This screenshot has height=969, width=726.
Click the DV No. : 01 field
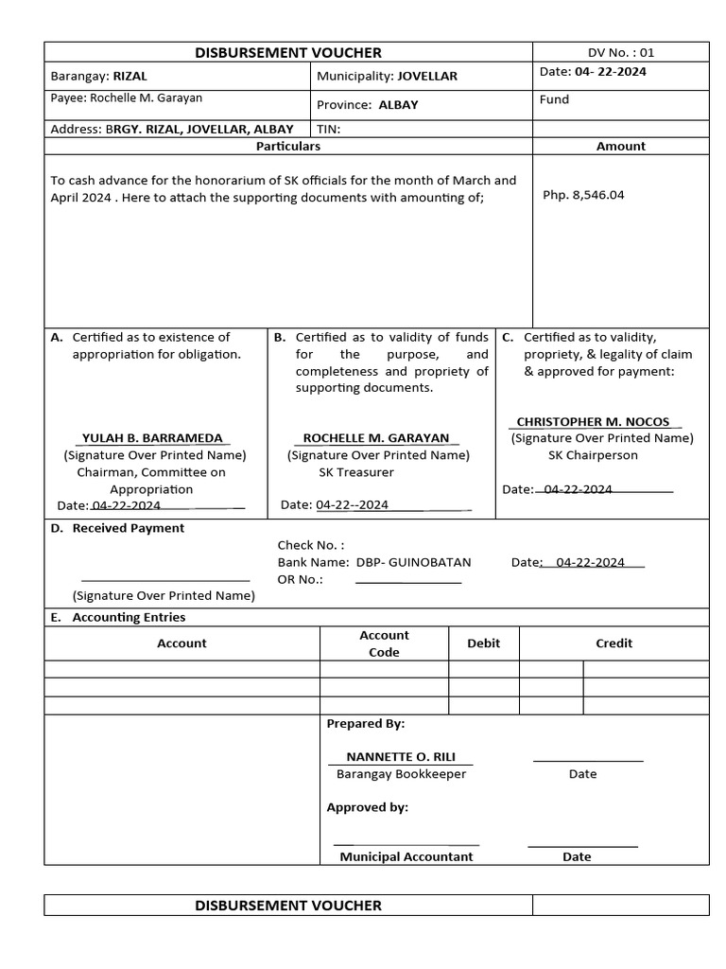[620, 53]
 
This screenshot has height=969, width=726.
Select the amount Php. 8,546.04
[583, 196]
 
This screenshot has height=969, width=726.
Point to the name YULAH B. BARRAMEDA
[153, 438]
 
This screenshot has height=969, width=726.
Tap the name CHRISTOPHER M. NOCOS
[593, 422]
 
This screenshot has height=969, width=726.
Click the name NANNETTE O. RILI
[401, 757]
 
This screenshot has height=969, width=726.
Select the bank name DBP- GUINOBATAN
[413, 562]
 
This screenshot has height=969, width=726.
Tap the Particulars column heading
[288, 147]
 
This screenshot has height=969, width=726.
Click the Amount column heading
[620, 147]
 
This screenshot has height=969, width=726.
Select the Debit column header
[483, 643]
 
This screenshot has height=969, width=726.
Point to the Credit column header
[614, 643]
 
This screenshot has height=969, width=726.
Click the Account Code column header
[384, 643]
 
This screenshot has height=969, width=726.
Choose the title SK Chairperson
[593, 455]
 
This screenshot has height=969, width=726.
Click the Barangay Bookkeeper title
[401, 774]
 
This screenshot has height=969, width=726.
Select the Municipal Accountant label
[406, 857]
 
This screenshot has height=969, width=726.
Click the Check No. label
[310, 545]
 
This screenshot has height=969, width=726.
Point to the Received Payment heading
[128, 529]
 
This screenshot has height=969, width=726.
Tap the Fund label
[554, 99]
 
